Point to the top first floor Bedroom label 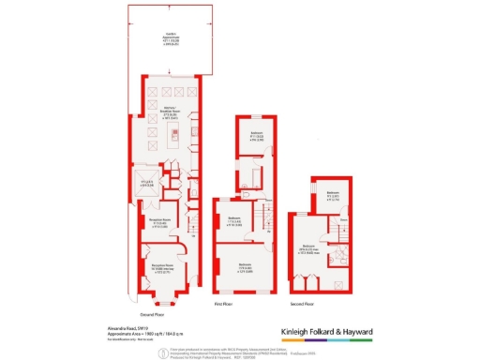[256, 135]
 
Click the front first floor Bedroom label [244, 266]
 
